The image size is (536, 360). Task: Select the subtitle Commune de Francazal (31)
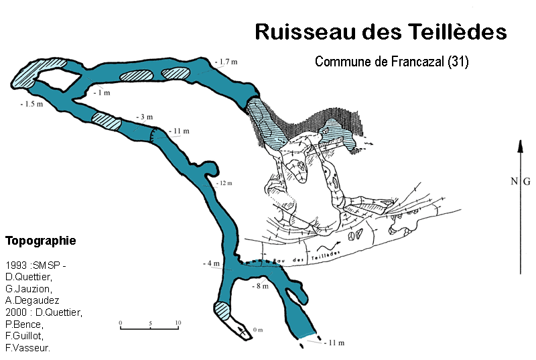(x=391, y=62)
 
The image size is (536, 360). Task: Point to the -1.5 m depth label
(x=31, y=104)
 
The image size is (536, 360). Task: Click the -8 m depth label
(x=260, y=286)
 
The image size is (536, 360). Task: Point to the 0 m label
(x=259, y=330)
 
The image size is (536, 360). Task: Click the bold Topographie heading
(x=40, y=240)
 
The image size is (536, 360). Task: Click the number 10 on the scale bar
(x=178, y=323)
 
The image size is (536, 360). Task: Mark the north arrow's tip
(x=521, y=142)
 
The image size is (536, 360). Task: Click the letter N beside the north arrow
(x=514, y=181)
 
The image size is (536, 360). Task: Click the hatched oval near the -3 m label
(x=106, y=121)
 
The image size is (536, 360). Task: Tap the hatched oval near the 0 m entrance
(x=222, y=310)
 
